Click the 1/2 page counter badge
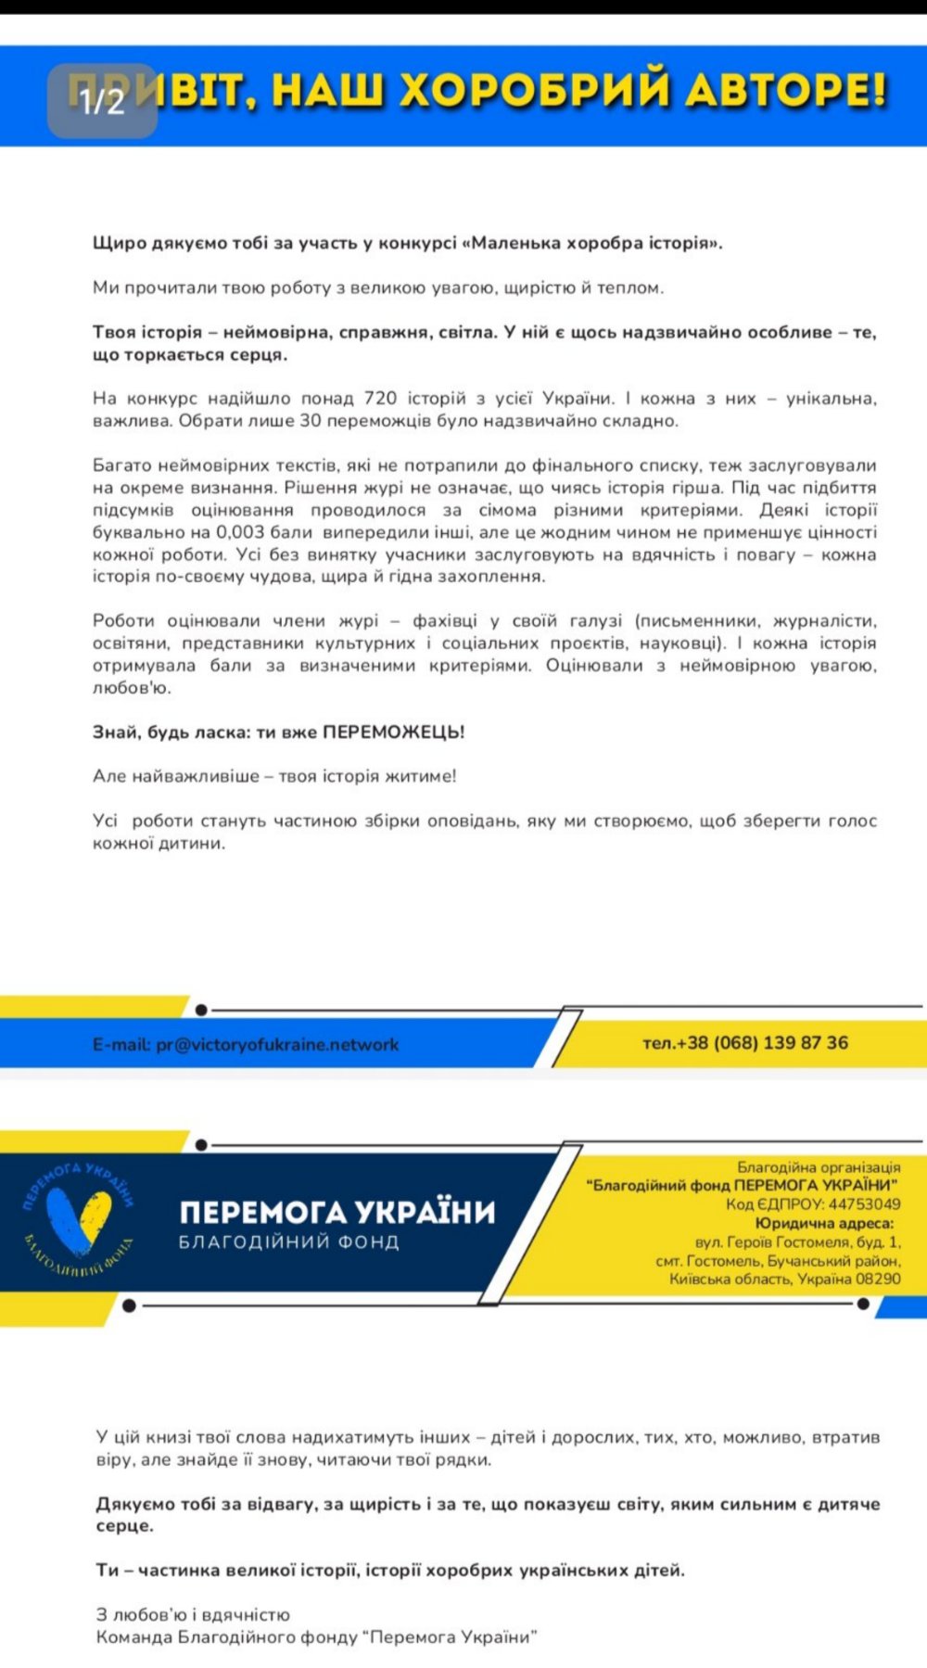click(102, 101)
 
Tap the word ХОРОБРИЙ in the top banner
click(534, 92)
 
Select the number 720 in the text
click(380, 399)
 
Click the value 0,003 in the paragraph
click(240, 532)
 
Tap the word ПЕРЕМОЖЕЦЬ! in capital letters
click(394, 732)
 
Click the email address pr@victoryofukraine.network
click(277, 1045)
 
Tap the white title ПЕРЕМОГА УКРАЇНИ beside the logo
click(337, 1213)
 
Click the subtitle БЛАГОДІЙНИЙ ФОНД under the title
click(289, 1242)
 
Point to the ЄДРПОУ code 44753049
click(864, 1204)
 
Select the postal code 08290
click(878, 1280)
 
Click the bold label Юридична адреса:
click(825, 1224)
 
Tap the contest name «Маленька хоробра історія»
click(596, 244)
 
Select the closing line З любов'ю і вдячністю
click(193, 1615)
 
